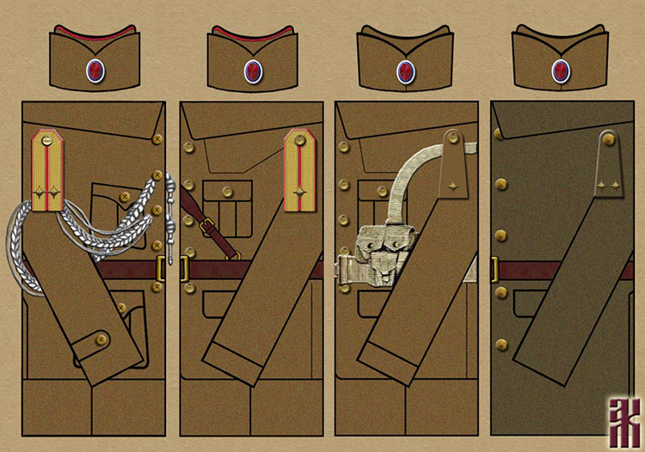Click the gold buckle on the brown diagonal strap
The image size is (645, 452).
tap(206, 227)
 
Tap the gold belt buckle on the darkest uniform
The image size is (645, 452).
tap(495, 269)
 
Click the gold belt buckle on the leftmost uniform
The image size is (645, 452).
tap(160, 269)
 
